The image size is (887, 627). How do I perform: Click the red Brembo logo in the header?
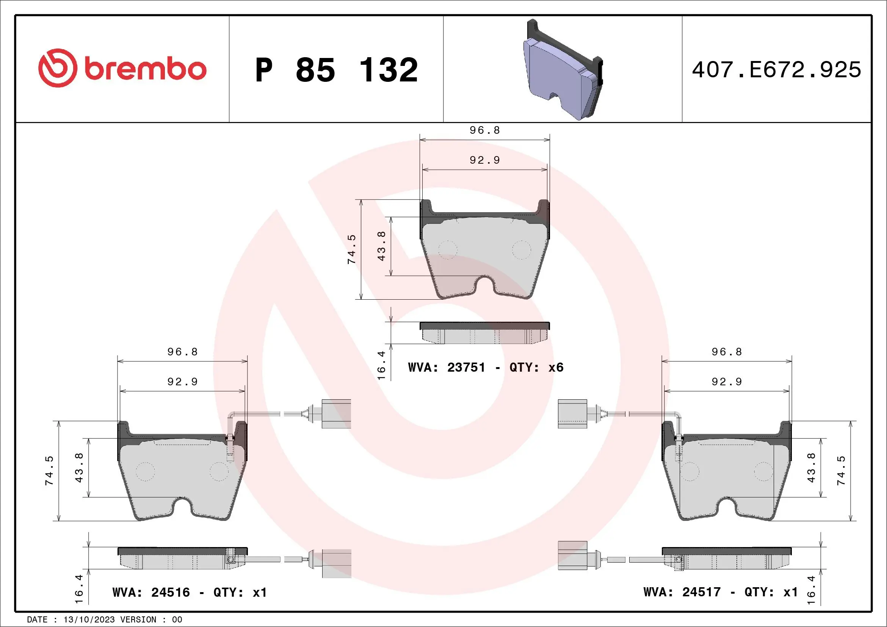tap(122, 68)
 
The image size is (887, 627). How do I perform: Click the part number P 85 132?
tap(336, 70)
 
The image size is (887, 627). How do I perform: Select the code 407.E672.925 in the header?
tap(777, 70)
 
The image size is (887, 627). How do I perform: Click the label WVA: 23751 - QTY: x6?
tap(486, 367)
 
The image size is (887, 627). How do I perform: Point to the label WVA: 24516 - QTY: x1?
tap(189, 592)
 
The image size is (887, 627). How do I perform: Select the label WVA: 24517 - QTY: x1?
tap(721, 592)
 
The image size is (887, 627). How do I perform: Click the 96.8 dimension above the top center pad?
tap(485, 130)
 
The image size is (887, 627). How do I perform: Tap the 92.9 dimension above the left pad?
tap(182, 382)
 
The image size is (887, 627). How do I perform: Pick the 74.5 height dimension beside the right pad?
tap(841, 470)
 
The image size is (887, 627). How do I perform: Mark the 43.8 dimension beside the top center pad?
tap(381, 246)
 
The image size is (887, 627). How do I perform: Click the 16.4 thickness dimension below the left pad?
tap(79, 589)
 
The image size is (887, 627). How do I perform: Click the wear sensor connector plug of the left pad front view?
tap(336, 414)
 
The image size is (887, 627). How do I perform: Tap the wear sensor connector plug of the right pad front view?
tap(572, 414)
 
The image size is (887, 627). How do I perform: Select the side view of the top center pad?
tap(485, 333)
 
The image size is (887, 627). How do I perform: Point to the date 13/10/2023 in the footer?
tap(89, 620)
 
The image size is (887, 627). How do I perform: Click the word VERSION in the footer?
tap(138, 620)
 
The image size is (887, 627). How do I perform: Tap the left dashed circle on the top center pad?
tap(448, 250)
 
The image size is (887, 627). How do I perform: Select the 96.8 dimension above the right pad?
tap(727, 352)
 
